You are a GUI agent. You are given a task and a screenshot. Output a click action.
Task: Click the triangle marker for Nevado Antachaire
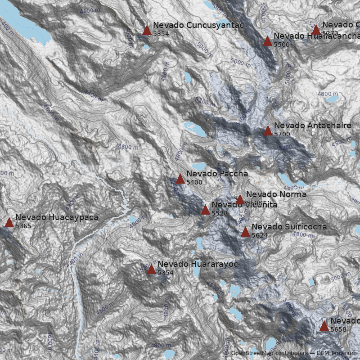268,131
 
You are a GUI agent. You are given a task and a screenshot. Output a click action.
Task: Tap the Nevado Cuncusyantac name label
198,25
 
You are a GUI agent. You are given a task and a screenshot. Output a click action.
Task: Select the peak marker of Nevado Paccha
180,179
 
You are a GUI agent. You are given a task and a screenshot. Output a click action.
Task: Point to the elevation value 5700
282,134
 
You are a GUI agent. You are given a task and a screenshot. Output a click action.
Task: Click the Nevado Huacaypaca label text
57,217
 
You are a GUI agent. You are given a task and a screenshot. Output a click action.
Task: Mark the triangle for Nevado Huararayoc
151,270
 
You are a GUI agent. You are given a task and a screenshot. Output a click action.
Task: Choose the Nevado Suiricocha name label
289,227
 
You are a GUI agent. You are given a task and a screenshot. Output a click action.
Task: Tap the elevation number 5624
260,235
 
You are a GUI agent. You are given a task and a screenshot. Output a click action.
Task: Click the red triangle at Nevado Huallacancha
267,41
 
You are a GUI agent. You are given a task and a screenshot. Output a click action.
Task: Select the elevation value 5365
23,226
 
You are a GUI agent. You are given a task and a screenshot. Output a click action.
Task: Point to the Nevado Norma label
276,194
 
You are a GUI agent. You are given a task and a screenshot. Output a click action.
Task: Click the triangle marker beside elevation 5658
324,326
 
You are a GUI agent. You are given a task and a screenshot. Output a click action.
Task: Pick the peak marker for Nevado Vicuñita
205,210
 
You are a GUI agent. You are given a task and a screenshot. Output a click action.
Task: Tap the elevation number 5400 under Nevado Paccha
194,182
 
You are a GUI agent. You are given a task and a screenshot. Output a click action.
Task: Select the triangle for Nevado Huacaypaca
9,222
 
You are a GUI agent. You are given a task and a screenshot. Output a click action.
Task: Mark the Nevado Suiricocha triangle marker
245,232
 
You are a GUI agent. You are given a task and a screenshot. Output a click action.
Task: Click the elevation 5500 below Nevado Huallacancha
282,45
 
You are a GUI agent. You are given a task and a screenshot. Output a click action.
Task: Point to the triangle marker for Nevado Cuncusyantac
147,31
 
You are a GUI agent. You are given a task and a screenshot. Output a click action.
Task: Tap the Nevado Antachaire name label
312,126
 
